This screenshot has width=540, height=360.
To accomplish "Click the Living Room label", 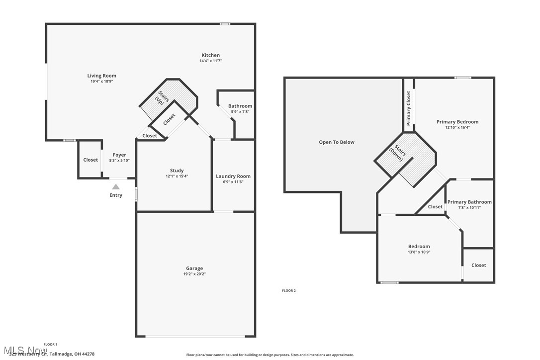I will tap(102, 76).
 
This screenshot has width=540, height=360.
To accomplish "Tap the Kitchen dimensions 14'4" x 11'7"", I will tap(210, 61).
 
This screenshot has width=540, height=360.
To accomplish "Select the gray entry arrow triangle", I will tap(115, 186).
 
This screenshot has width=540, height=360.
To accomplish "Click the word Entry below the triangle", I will tap(115, 195).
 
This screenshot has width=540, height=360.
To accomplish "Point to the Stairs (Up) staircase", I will tap(168, 99).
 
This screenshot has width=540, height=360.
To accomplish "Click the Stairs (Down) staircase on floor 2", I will tap(406, 160).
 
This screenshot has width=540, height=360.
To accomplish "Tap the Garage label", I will tap(194, 269).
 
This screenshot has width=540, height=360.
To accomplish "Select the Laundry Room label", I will tap(233, 176).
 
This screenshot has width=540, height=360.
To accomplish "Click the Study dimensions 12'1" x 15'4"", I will tap(177, 176).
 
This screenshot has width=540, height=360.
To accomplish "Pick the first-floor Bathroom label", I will tap(240, 106).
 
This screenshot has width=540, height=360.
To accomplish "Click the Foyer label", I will tap(119, 155).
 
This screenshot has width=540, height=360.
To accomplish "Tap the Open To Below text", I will tap(337, 142).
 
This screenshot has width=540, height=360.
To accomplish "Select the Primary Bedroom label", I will tap(457, 122).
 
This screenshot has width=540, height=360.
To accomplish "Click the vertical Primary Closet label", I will tap(409, 108).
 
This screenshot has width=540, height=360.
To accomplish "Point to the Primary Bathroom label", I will tap(469, 202).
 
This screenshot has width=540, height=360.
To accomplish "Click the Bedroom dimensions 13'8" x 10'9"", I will tap(419, 252).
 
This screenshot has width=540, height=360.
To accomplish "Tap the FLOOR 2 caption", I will tap(289, 290).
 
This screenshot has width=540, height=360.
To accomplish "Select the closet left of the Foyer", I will tap(90, 160).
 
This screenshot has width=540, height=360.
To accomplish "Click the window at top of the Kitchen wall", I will tap(225, 24).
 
